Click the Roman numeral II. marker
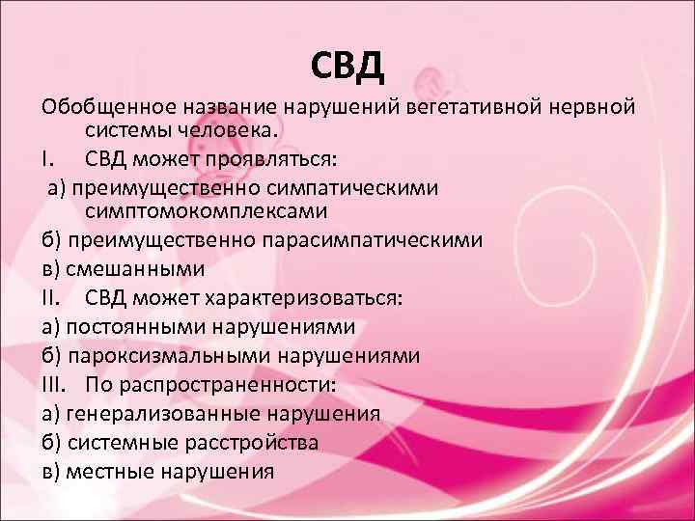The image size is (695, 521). point(53,296)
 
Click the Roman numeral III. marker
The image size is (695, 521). point(56,384)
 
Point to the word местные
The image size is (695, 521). point(111,472)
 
